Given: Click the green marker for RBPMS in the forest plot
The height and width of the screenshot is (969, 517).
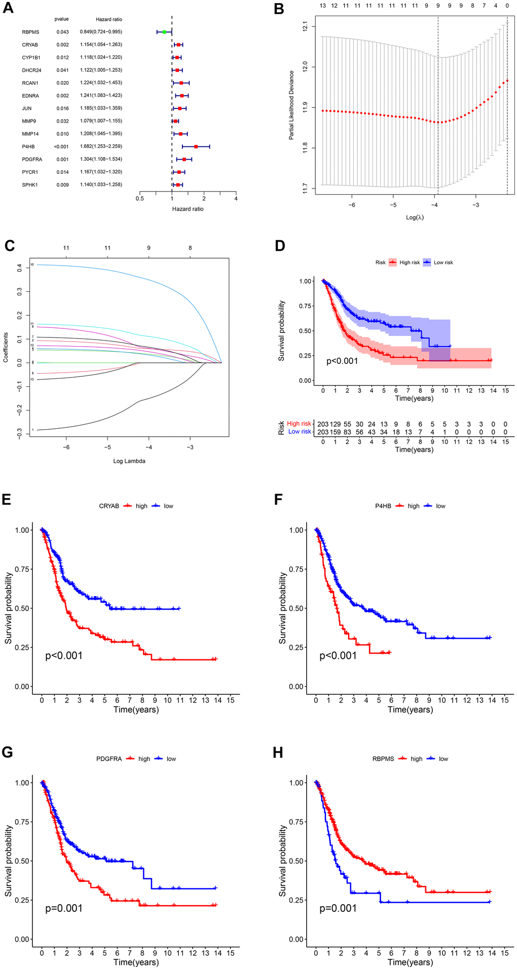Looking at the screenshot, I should coord(164,32).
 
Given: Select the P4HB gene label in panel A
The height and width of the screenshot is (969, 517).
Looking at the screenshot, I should coord(28,146).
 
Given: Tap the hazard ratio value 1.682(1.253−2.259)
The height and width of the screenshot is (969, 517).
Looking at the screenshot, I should coord(101,146).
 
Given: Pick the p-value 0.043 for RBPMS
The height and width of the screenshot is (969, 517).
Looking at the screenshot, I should coord(63,32).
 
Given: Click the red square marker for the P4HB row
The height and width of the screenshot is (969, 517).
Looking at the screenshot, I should coord(196,146).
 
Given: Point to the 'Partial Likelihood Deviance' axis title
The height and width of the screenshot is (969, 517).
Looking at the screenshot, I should coord(291,105).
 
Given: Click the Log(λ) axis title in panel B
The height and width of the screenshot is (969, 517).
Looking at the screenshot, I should coord(415,217).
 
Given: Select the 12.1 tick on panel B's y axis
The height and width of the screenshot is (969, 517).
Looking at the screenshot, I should coord(305,26).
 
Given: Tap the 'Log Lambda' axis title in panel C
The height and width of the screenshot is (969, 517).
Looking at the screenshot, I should coord(129,461).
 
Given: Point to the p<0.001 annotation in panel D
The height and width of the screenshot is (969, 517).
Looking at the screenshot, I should coord(342,361).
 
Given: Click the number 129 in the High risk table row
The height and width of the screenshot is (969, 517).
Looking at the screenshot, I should coord(335,424).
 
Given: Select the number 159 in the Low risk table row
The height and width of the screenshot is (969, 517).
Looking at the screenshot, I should coord(335,432).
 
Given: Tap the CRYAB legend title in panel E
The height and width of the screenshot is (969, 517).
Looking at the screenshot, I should coord(109,506).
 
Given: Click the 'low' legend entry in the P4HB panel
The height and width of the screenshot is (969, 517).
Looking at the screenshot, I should coord(440,506).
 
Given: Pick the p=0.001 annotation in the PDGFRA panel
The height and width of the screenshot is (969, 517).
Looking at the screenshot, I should coord(64,908).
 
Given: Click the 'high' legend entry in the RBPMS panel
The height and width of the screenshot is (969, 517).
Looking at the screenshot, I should coord(416,759).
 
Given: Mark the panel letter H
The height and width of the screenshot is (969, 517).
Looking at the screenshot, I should coord(278,752).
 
